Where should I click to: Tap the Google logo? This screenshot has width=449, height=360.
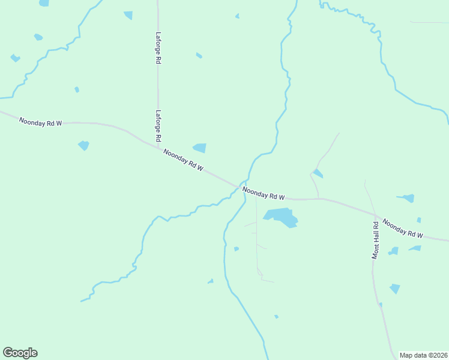click(x=20, y=353)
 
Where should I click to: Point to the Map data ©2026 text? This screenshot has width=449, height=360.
click(x=424, y=355)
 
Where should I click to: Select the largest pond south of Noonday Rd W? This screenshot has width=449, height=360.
click(x=281, y=217)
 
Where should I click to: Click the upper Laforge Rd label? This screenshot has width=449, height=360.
click(x=158, y=48)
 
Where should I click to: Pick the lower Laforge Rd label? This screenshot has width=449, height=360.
click(x=158, y=125)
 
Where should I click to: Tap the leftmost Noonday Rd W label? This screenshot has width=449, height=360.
click(x=40, y=122)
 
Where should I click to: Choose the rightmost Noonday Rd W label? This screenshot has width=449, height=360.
click(x=403, y=227)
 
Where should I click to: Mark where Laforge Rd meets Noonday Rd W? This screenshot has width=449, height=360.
click(x=158, y=147)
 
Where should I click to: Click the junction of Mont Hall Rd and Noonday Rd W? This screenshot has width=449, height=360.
click(x=376, y=214)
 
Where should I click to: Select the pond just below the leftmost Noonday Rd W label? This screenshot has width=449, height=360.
click(x=83, y=145)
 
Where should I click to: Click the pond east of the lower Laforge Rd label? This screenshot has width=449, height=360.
click(x=199, y=148)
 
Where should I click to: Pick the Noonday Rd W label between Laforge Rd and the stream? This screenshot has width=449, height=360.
click(x=183, y=160)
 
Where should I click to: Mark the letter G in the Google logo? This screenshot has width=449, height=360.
click(x=8, y=353)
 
